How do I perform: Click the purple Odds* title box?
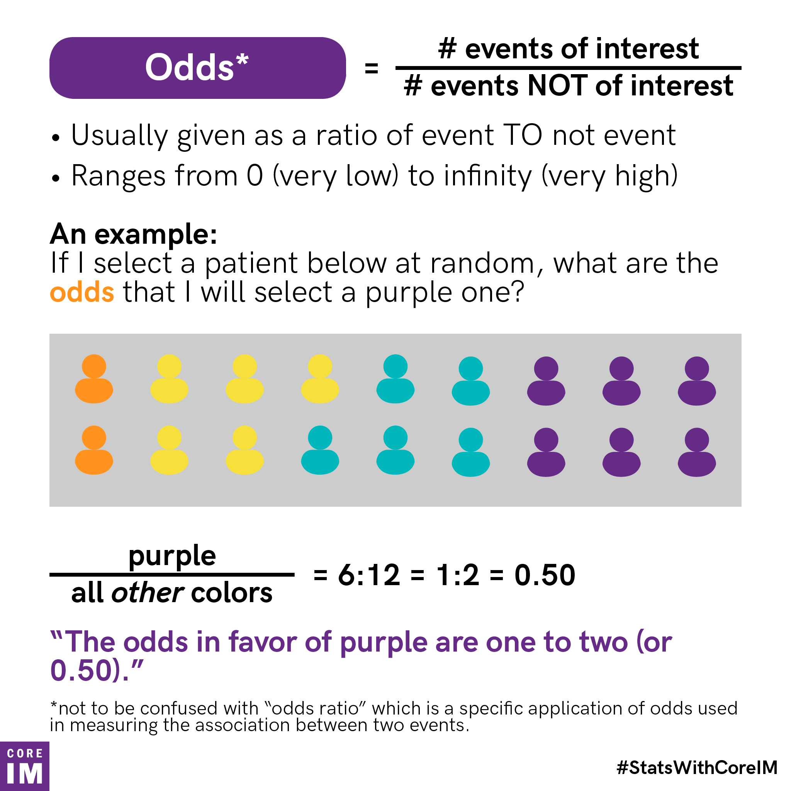[197, 68]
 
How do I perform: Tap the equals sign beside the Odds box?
[371, 68]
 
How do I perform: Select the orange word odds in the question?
[82, 292]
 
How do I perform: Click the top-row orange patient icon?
[94, 379]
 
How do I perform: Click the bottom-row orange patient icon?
[94, 450]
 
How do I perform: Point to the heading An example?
[134, 234]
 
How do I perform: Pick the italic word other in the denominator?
[148, 593]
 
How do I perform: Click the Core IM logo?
[25, 766]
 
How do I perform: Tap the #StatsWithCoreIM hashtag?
[697, 767]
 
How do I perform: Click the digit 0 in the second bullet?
[254, 176]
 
